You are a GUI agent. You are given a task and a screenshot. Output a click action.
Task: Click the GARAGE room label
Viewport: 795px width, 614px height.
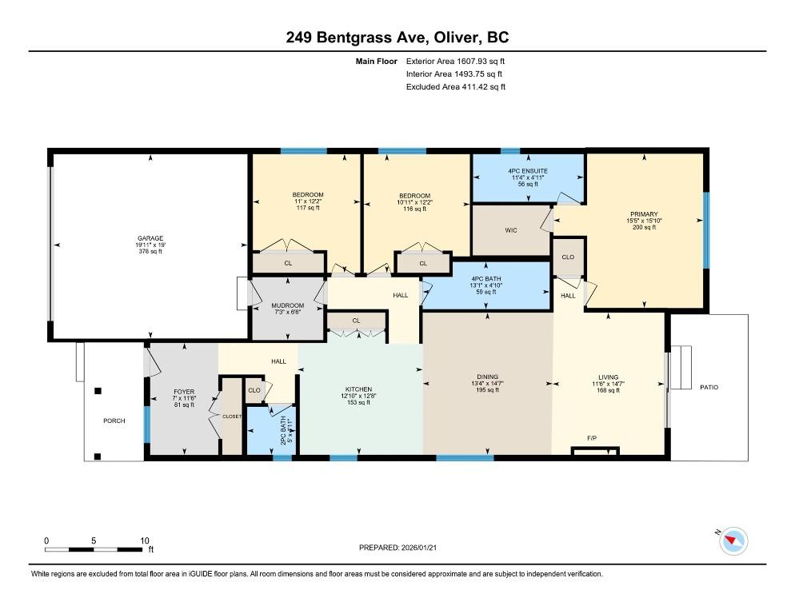point(150,238)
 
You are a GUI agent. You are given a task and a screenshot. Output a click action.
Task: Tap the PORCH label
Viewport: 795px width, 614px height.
point(114,421)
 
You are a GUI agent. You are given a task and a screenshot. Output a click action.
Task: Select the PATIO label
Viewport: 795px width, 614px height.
point(709,388)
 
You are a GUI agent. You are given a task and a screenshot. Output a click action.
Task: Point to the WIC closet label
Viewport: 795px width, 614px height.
point(511,231)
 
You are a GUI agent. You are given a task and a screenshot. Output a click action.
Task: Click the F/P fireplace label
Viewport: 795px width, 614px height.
point(592,438)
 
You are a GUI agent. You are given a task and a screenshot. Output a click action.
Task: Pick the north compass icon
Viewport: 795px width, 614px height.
point(733,540)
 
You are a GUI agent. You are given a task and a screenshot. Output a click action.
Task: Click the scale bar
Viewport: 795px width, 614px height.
point(94,549)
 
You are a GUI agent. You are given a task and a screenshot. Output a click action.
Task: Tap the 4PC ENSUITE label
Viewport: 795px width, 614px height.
point(528,171)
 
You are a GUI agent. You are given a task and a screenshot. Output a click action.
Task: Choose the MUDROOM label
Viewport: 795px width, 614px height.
point(287,305)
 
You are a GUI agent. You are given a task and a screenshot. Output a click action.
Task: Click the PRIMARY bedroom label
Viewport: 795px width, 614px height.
point(644,214)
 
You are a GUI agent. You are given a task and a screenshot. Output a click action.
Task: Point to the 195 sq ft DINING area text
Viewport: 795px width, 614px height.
point(487,390)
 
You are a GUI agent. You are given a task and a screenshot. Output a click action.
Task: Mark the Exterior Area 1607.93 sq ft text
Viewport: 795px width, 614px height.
point(455,62)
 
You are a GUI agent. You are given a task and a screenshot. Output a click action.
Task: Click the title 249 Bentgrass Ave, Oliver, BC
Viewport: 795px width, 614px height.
point(397,38)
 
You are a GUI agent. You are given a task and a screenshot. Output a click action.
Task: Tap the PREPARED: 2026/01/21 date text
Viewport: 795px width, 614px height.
point(397,548)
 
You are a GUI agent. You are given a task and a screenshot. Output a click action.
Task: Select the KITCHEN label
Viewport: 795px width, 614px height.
point(358,389)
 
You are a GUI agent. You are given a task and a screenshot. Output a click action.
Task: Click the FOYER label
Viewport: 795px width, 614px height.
point(184,392)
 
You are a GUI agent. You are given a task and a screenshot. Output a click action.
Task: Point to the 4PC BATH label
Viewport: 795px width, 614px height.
point(486,279)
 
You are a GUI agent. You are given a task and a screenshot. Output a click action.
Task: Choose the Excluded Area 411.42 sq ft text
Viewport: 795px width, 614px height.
point(456,86)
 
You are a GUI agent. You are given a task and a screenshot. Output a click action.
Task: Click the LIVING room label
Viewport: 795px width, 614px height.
point(609,377)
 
